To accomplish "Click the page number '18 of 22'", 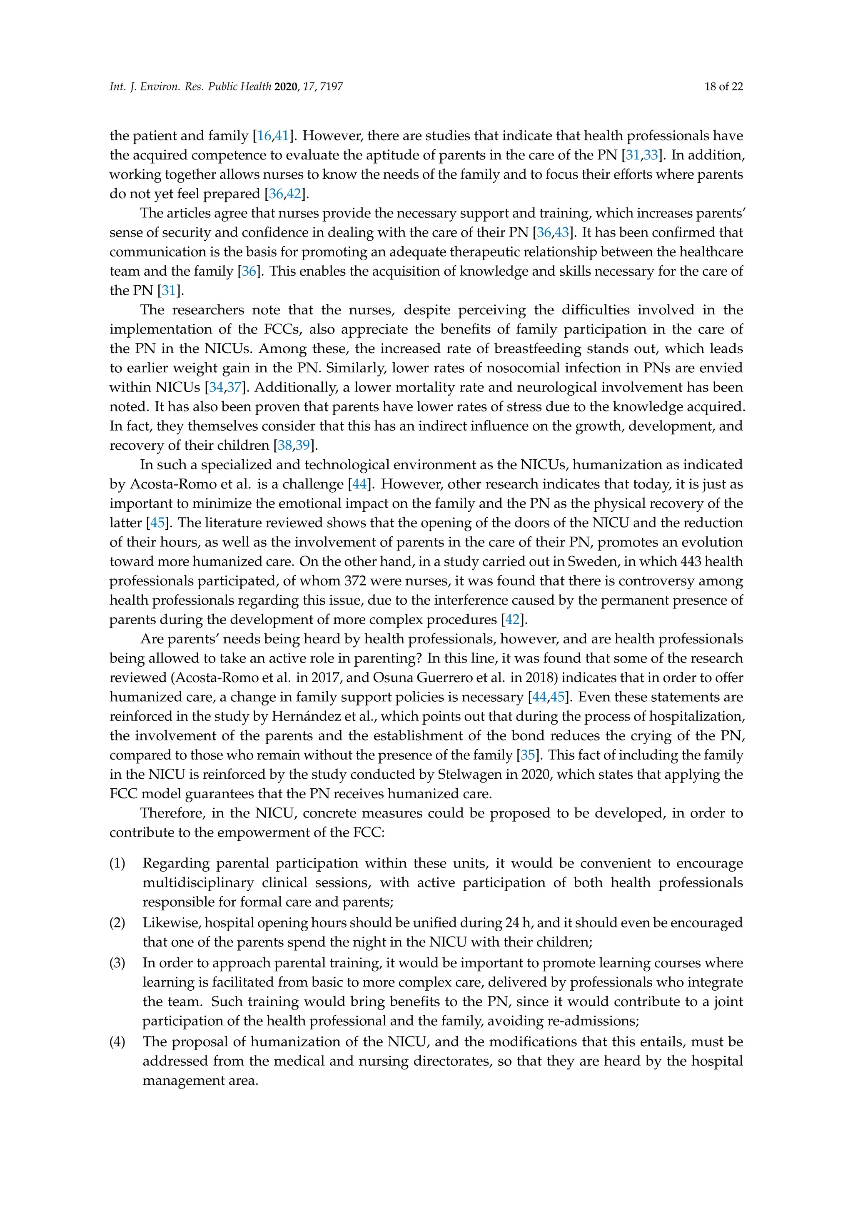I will coord(723,87).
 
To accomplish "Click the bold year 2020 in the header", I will coord(286,87).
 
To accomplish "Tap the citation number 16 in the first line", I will coord(264,136).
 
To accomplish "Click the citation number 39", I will coord(302,446).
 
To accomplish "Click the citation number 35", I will coord(527,755).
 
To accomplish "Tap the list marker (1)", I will coord(117,864).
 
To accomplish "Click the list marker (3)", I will coord(117,963).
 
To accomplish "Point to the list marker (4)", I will coord(117,1042).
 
